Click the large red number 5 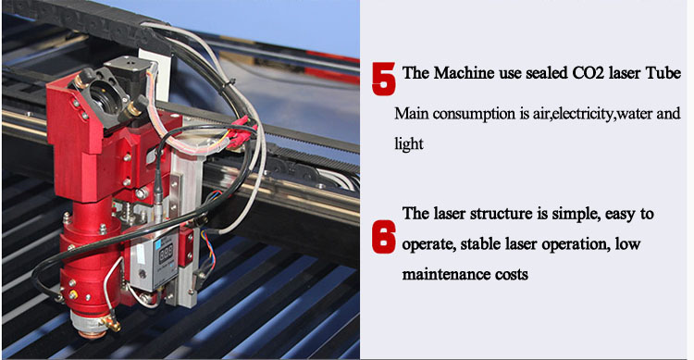383,79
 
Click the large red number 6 383,237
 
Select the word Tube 663,72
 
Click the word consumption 475,114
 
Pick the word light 408,144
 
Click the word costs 512,275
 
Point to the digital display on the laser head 165,254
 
